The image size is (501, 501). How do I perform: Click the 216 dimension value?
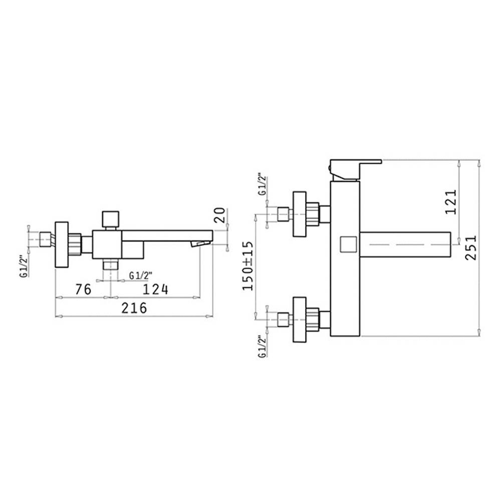(134, 308)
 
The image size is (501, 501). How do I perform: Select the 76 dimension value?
(83, 290)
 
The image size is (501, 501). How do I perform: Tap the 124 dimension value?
(156, 290)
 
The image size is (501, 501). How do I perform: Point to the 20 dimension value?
(219, 215)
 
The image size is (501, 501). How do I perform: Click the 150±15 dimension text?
(248, 266)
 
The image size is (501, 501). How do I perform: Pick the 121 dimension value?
(451, 202)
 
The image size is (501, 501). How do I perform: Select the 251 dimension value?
(470, 247)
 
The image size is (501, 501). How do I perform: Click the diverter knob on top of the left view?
(110, 219)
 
